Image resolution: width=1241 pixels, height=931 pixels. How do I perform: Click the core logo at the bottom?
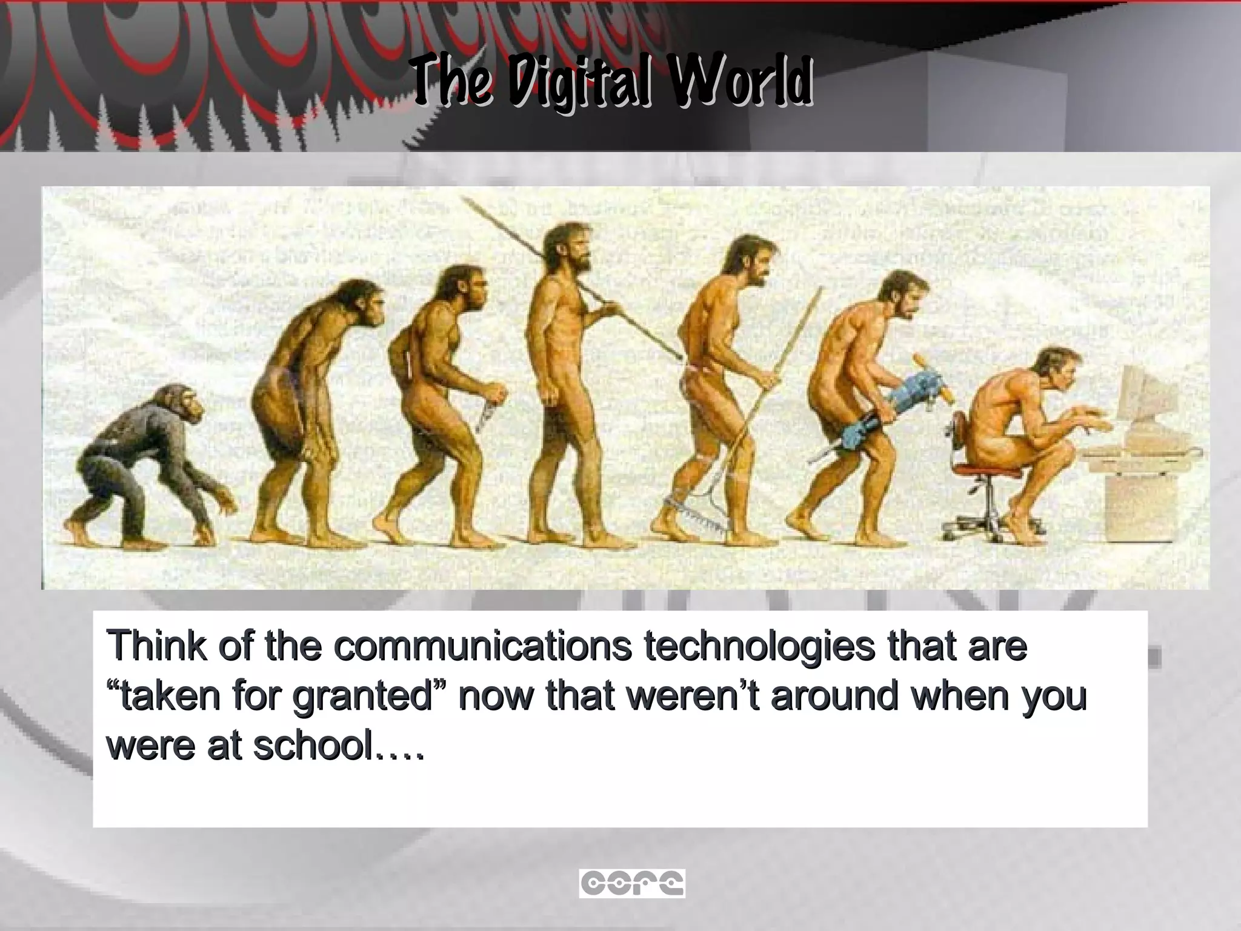click(x=631, y=883)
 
